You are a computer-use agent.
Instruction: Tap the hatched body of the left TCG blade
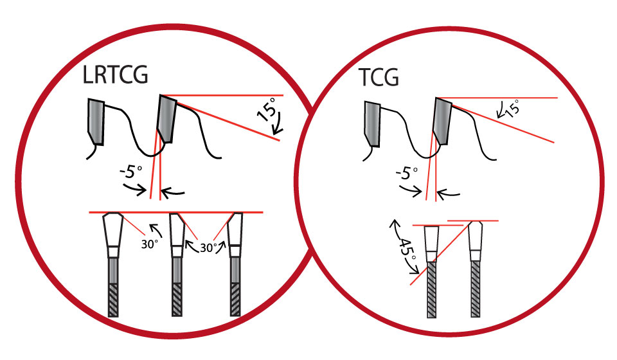(x=433, y=289)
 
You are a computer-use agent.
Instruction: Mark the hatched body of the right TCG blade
(x=476, y=289)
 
